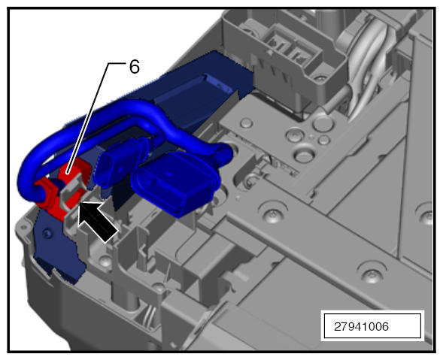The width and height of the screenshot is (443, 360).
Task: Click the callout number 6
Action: point(135,67)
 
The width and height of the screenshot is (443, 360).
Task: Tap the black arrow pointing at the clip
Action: point(98,221)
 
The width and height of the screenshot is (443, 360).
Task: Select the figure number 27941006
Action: point(361,327)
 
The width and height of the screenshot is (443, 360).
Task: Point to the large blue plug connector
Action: point(175,184)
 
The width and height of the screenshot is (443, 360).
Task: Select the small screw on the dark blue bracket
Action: point(47,233)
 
